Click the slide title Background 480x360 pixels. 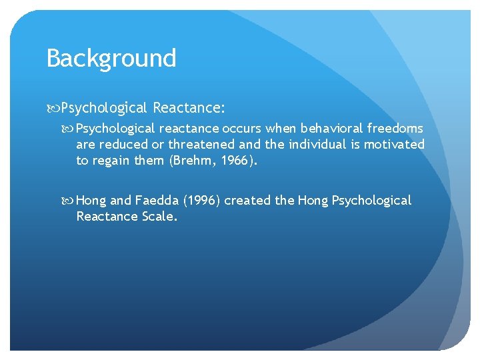(111, 58)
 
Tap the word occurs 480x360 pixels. (242, 128)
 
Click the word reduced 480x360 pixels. (124, 144)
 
